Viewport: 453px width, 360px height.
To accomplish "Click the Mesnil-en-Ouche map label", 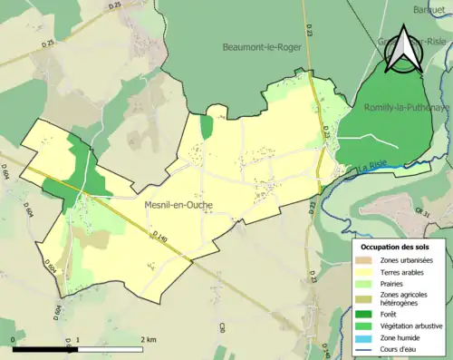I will coord(179,205).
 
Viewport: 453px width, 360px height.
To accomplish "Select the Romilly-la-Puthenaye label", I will coord(406,107).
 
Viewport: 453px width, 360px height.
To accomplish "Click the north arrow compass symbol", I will coord(404,50).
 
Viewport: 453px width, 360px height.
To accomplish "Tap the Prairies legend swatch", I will coord(364,283).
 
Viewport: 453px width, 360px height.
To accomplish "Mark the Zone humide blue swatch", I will coord(364,336).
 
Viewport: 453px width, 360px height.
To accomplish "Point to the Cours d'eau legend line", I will coord(364,347).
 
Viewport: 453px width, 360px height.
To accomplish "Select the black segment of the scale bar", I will coord(45,348).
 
